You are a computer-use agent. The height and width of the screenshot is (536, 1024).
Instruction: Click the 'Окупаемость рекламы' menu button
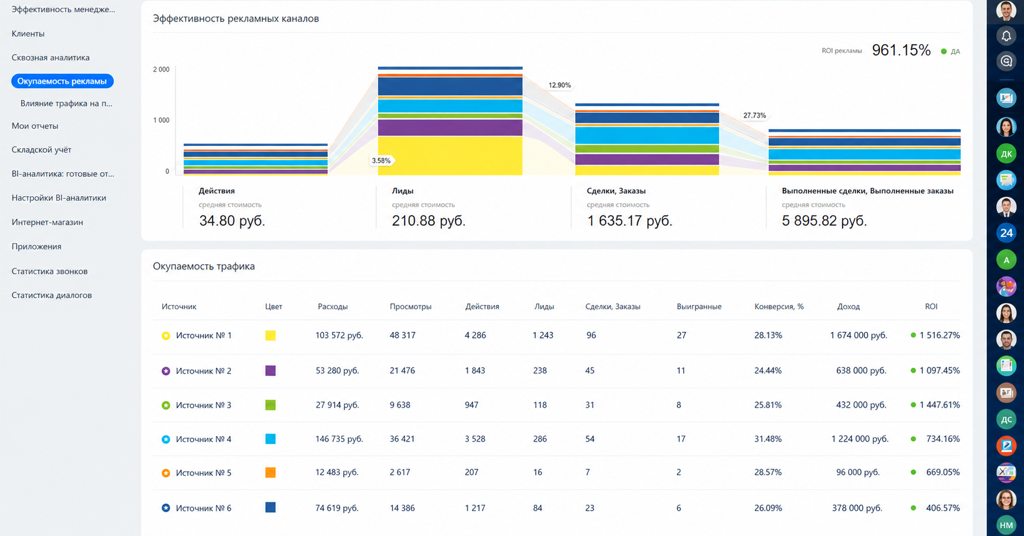coord(62,81)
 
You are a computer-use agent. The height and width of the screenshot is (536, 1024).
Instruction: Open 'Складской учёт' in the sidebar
coord(41,150)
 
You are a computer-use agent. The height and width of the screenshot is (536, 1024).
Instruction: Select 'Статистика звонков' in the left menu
coord(50,271)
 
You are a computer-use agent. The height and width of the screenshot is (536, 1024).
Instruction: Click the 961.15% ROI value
coord(901,50)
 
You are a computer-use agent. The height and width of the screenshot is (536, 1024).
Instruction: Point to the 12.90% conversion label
coord(559,85)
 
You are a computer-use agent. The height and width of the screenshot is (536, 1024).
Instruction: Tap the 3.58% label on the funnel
coord(381,161)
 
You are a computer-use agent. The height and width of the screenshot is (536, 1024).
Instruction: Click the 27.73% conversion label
coord(754,115)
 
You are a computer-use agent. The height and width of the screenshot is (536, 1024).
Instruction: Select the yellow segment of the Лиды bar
coord(450,155)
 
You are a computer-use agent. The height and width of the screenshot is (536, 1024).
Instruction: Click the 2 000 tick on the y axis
coord(161,69)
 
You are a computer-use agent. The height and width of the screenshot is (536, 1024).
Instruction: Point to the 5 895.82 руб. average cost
coord(824,220)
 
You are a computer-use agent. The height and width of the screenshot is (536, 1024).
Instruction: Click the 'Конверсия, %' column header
coord(779,307)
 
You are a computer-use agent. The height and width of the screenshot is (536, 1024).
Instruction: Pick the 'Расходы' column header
coord(332,307)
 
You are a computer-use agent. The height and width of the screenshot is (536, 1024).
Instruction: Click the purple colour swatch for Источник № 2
coord(270,371)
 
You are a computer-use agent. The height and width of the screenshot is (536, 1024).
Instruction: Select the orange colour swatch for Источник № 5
coord(270,473)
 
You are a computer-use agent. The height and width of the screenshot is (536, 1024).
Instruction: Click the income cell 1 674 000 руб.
coord(859,335)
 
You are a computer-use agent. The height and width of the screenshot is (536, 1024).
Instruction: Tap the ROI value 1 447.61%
coord(940,405)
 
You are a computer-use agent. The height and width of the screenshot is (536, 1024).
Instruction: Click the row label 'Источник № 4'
coord(204,439)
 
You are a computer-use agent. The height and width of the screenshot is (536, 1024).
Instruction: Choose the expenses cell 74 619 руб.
coord(337,508)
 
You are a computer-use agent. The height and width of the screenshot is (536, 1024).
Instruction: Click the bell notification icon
coord(1006,36)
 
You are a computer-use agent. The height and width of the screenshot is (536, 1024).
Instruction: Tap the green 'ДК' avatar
coord(1006,154)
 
